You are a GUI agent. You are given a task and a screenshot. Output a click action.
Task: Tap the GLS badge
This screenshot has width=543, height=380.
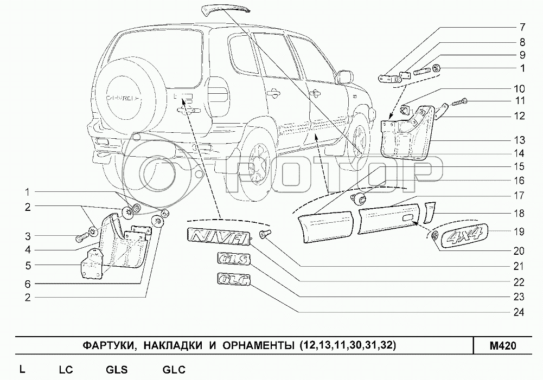pos(233,259)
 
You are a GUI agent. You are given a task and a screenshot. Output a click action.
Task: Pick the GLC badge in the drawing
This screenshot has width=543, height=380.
pos(233,280)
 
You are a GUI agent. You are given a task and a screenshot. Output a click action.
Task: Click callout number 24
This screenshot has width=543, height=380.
pos(519,312)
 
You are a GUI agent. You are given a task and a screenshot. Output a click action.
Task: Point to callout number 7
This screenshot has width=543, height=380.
pos(521,27)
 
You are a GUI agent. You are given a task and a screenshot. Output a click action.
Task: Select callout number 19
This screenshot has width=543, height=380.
pos(519,231)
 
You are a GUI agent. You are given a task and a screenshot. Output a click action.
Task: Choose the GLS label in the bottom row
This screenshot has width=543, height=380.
pos(116,370)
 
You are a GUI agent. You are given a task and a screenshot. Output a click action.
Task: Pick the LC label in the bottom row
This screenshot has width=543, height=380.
pos(66,370)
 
